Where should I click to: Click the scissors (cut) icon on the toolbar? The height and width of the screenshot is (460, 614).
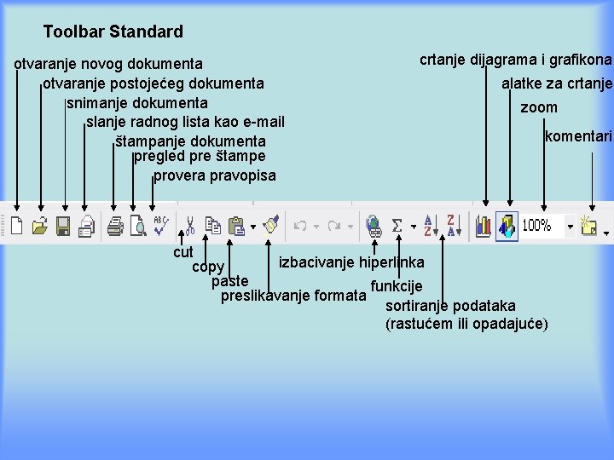[x=190, y=225]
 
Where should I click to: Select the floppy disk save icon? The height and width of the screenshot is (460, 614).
[x=62, y=226]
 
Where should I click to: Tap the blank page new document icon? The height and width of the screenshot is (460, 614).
[x=17, y=226]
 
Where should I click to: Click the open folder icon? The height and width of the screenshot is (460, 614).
[x=39, y=226]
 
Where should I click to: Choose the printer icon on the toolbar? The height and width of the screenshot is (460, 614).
[x=114, y=226]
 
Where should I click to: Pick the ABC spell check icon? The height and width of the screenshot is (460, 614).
[x=160, y=225]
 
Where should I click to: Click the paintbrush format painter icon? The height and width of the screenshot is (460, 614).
[x=271, y=225]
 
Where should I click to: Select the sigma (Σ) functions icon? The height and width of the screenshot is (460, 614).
[x=397, y=226]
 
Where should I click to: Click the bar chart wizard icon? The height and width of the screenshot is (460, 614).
[x=484, y=226]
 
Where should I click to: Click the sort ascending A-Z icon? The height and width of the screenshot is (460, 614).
[x=428, y=226]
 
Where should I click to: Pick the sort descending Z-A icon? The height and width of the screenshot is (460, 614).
[x=451, y=226]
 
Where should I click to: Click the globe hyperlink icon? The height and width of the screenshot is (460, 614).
[x=373, y=226]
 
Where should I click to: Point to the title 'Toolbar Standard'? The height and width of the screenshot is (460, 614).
[x=113, y=32]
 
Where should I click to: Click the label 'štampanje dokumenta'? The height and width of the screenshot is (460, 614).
[x=190, y=141]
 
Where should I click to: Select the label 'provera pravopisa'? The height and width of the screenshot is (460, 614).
[x=215, y=175]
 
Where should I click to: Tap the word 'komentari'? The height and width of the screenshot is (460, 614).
[x=578, y=136]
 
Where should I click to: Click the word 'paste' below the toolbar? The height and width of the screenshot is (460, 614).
[x=230, y=281]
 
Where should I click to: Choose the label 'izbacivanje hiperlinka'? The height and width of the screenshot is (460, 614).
[x=351, y=262]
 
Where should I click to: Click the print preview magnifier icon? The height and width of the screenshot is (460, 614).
[x=137, y=226]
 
